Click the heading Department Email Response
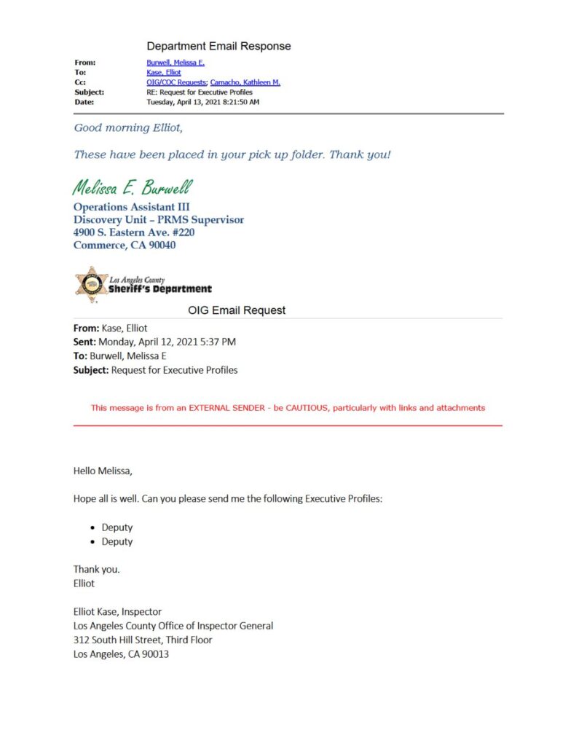218,47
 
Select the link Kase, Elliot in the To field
164,73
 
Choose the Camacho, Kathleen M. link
245,83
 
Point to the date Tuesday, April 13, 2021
202,102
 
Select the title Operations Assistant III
132,207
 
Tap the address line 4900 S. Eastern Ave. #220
134,232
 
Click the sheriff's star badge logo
92,285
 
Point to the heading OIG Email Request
237,310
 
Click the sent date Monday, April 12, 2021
167,342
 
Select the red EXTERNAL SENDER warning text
288,408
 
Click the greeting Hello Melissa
103,471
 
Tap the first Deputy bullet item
117,527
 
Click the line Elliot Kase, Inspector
118,612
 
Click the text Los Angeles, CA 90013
122,654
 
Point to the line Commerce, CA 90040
125,246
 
